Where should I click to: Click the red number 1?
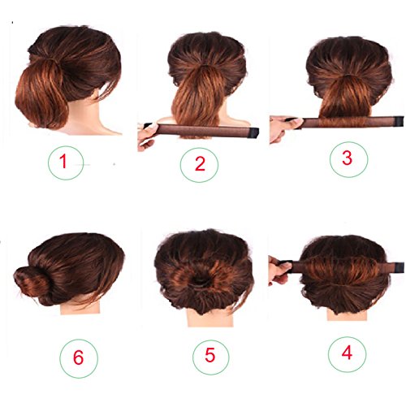click(61, 163)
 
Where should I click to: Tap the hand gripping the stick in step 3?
click(281, 127)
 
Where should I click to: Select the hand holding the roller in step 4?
click(279, 271)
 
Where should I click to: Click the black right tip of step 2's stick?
click(253, 130)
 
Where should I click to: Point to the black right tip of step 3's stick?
click(393, 123)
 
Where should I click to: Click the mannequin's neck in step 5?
click(202, 314)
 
